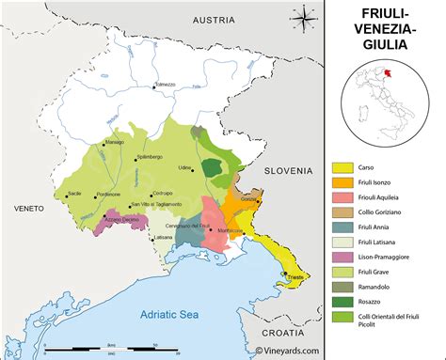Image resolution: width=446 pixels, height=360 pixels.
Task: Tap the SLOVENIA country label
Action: (x=288, y=171)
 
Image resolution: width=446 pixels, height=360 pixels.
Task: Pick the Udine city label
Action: (x=185, y=166)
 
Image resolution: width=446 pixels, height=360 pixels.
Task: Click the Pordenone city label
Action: (x=92, y=194)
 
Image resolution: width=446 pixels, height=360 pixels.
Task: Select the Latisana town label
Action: (x=164, y=237)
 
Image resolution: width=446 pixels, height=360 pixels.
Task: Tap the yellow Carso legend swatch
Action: (x=342, y=167)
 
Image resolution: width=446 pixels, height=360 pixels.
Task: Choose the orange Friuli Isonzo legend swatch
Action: (x=342, y=182)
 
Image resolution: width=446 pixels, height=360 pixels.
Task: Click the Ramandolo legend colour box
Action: (x=342, y=285)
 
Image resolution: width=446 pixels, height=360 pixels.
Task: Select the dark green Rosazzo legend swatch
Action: (x=342, y=300)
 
